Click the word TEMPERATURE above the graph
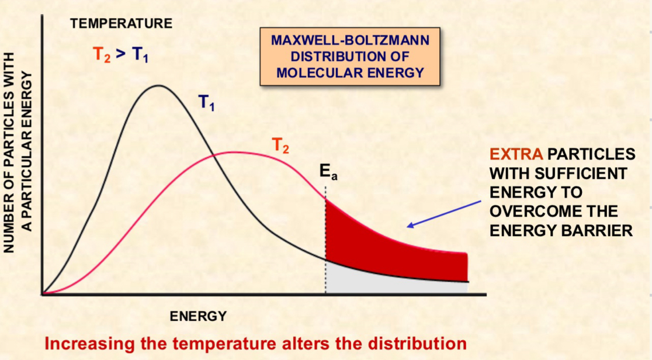121,24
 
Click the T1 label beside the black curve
206,103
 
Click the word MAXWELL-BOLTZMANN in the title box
349,41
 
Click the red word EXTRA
516,154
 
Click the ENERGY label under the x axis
198,317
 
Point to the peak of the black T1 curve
158,86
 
